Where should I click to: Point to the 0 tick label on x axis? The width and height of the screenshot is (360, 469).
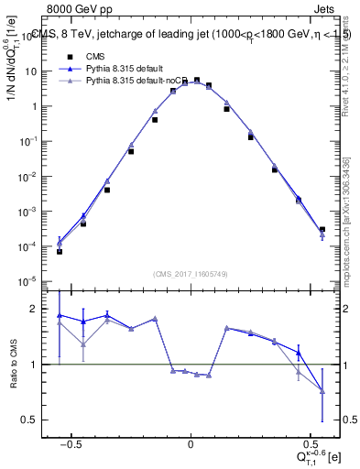point(191,442)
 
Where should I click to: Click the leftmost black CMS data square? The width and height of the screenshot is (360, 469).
point(60,251)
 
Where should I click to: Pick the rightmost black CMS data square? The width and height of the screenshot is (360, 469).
point(322,230)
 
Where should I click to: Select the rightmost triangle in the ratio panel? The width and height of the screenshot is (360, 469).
point(322,391)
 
